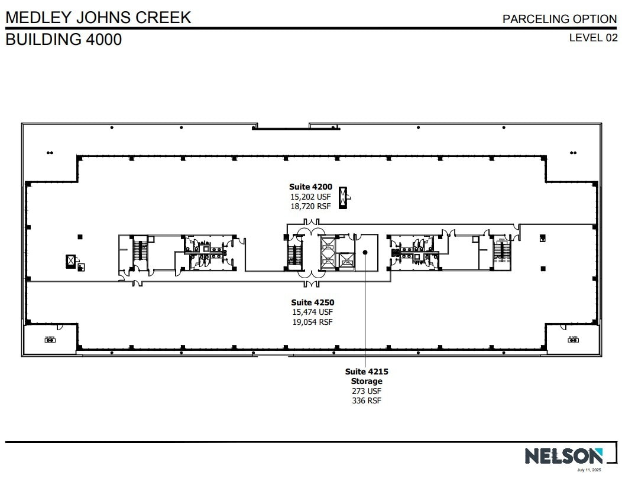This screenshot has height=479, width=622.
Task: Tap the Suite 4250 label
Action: coord(312,302)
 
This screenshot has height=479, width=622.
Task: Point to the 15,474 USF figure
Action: coord(312,312)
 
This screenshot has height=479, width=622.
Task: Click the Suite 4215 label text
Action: coord(367,372)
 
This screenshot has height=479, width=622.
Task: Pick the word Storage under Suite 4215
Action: coord(367,381)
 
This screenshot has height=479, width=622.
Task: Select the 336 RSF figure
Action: coord(367,400)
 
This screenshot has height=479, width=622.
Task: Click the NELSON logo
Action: coord(563,455)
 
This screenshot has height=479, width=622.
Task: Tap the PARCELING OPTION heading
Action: coord(559,19)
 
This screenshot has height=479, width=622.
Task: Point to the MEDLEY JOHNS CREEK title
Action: coord(98,17)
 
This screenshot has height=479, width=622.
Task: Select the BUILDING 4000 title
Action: coord(64,40)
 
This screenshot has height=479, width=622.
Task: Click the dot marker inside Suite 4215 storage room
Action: coord(365,252)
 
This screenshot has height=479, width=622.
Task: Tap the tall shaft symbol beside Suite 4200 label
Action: coord(342,197)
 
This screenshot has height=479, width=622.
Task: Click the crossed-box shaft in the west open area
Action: coord(71,260)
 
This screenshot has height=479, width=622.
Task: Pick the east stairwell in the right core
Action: coord(501,252)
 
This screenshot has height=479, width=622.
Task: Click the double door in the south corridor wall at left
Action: coord(137,283)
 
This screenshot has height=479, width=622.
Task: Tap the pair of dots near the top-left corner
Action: coord(50,153)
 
